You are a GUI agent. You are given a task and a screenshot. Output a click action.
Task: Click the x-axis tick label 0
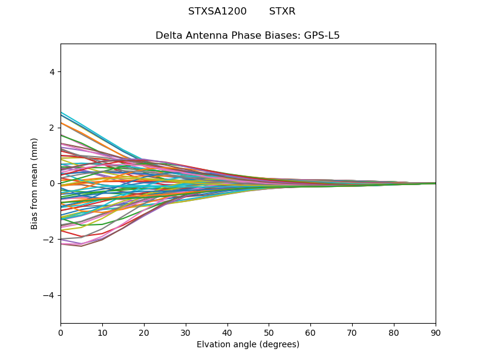point(60,332)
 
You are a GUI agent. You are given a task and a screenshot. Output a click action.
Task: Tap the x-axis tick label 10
point(102,332)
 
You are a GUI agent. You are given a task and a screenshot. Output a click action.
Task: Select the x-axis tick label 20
point(144,332)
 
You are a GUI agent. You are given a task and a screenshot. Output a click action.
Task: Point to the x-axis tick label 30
point(186,332)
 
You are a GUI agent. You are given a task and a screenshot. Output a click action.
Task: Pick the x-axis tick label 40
point(227,332)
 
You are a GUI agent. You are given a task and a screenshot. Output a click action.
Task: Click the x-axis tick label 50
point(269,332)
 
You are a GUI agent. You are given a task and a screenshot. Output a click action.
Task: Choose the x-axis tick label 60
point(310,332)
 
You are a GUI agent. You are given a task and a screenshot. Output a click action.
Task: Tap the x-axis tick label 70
point(352,332)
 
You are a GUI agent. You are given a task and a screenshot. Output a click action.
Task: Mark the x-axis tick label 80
point(394,332)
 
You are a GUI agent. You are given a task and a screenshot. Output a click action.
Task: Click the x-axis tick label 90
point(436,332)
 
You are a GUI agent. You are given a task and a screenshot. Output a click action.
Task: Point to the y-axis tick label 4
point(52,72)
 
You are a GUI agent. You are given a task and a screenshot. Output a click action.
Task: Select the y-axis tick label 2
point(52,128)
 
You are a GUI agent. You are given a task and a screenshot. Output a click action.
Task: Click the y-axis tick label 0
point(52,183)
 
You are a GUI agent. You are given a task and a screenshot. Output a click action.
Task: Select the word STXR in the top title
point(282,11)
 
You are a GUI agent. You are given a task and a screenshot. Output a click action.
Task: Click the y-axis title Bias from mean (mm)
point(35,183)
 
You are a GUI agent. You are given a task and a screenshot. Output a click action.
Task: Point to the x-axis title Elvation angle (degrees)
point(248,345)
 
